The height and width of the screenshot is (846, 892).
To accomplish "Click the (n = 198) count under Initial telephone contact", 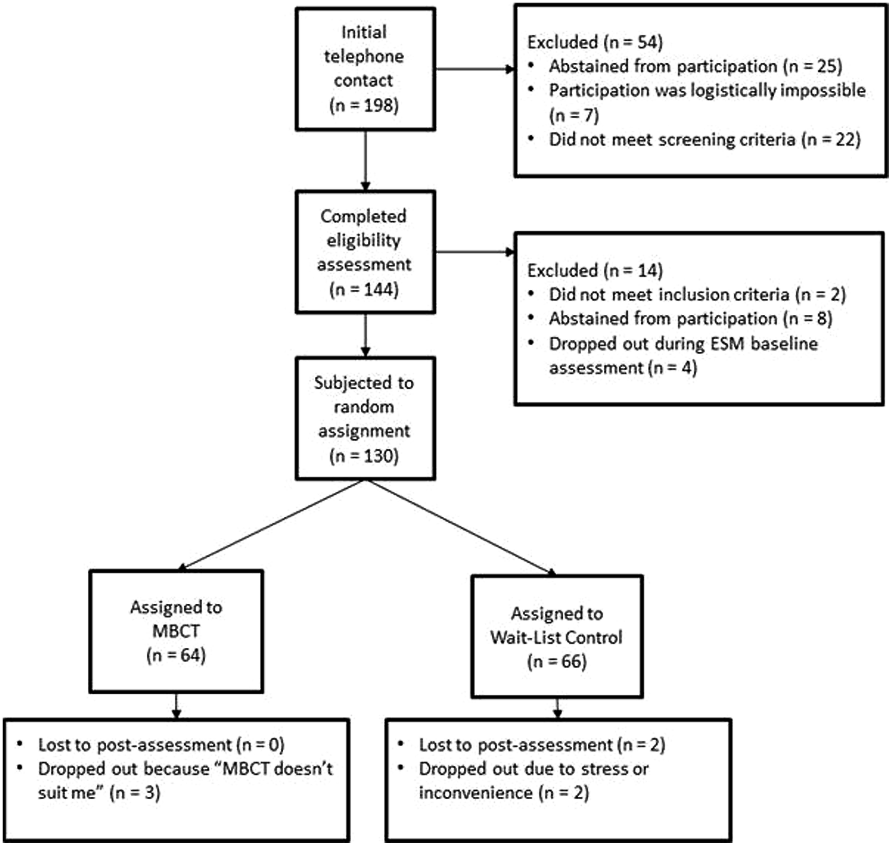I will click(364, 106).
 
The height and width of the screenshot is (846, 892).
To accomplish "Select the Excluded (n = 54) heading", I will click(595, 42).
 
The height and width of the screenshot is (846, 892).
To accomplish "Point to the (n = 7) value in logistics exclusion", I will click(574, 116).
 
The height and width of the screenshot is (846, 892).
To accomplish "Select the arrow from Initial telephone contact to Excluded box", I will click(473, 69).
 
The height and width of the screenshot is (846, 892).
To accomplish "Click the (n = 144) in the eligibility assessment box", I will click(364, 289).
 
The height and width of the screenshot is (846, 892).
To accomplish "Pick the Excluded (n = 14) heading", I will click(595, 270).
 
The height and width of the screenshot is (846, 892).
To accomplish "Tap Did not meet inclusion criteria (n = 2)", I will click(697, 294).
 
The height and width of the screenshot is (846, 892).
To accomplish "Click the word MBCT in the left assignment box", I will click(176, 631).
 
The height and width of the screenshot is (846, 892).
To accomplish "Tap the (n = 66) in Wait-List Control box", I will click(557, 661).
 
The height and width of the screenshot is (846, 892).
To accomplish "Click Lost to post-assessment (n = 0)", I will click(161, 745).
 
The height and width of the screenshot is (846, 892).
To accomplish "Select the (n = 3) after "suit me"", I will click(135, 792).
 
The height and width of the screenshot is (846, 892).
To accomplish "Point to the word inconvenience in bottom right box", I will click(475, 792).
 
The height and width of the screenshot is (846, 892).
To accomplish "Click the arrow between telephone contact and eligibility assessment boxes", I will click(365, 160).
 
